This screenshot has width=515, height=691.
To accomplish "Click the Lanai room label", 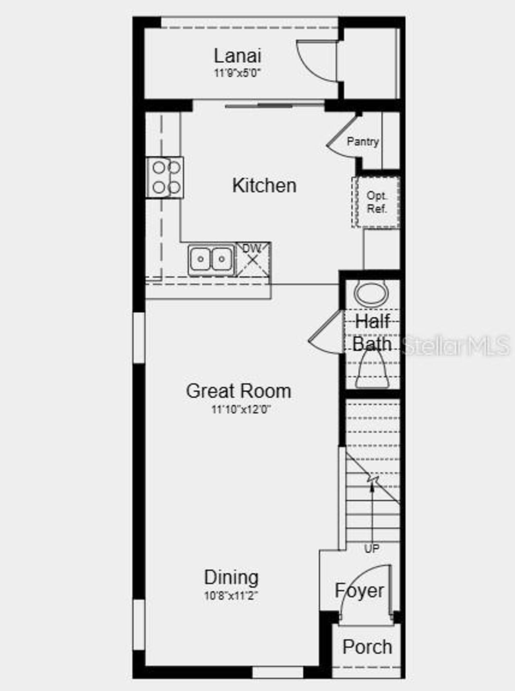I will pos(237,56).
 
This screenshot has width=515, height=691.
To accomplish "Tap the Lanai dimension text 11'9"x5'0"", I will pos(237,73).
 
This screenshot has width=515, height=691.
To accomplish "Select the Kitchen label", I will pos(264,186).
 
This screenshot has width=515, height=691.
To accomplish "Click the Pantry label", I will pos(363,141).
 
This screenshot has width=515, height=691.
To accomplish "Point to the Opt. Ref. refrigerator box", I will pos(376,202).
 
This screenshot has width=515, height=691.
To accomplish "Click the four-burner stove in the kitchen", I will pos(165,177).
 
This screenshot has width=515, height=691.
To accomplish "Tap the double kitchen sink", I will pos(211,259).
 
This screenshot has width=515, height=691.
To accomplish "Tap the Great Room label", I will pos(239,391).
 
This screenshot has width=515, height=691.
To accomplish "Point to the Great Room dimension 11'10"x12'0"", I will pos(241,409).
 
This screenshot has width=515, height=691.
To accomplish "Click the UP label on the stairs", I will pos(371,549).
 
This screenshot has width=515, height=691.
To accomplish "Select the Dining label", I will pos(231,578).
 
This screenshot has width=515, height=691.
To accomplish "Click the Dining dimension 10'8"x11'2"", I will pos(231,595).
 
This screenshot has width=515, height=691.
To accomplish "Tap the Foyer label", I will pos(359,591).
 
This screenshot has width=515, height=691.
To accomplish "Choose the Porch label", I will pos(367,647).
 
